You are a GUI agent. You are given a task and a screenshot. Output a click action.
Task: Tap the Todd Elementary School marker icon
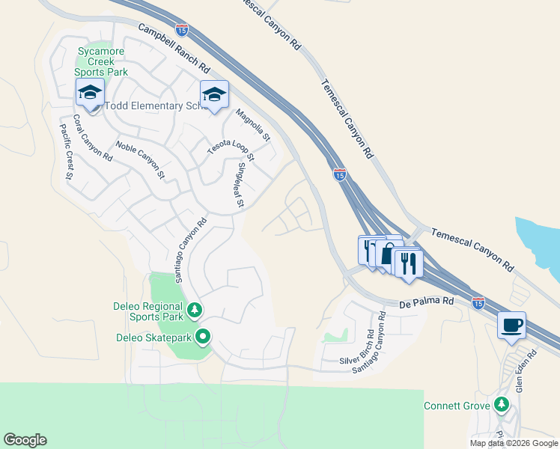coord(89,94)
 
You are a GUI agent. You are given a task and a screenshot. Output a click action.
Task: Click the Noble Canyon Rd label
coord(140,159)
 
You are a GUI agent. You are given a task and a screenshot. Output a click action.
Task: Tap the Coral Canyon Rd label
coord(92,139)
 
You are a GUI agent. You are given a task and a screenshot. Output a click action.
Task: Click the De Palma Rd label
coord(427,301)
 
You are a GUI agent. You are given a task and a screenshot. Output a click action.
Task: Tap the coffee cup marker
coord(512,326)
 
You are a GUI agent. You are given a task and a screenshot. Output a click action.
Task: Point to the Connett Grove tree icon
coord(502,406)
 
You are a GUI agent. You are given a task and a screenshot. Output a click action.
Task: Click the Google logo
coord(25,440)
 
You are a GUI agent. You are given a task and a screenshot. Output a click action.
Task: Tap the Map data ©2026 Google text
coord(514,443)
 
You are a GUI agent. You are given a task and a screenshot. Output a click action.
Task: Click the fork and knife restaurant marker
coord(407,263)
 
